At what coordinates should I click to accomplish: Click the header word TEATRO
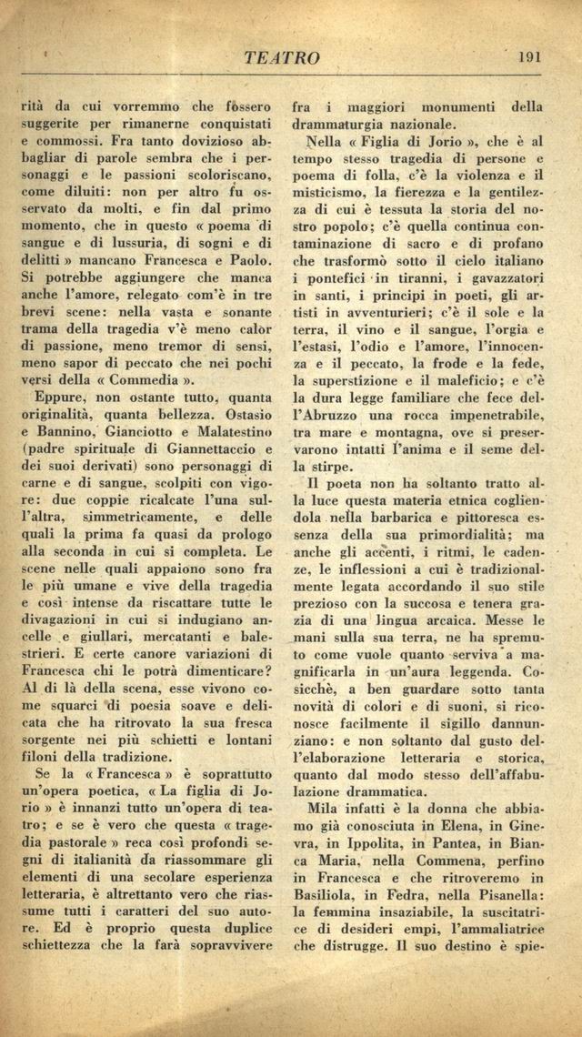tap(282, 57)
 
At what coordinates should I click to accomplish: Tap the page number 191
tap(528, 55)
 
